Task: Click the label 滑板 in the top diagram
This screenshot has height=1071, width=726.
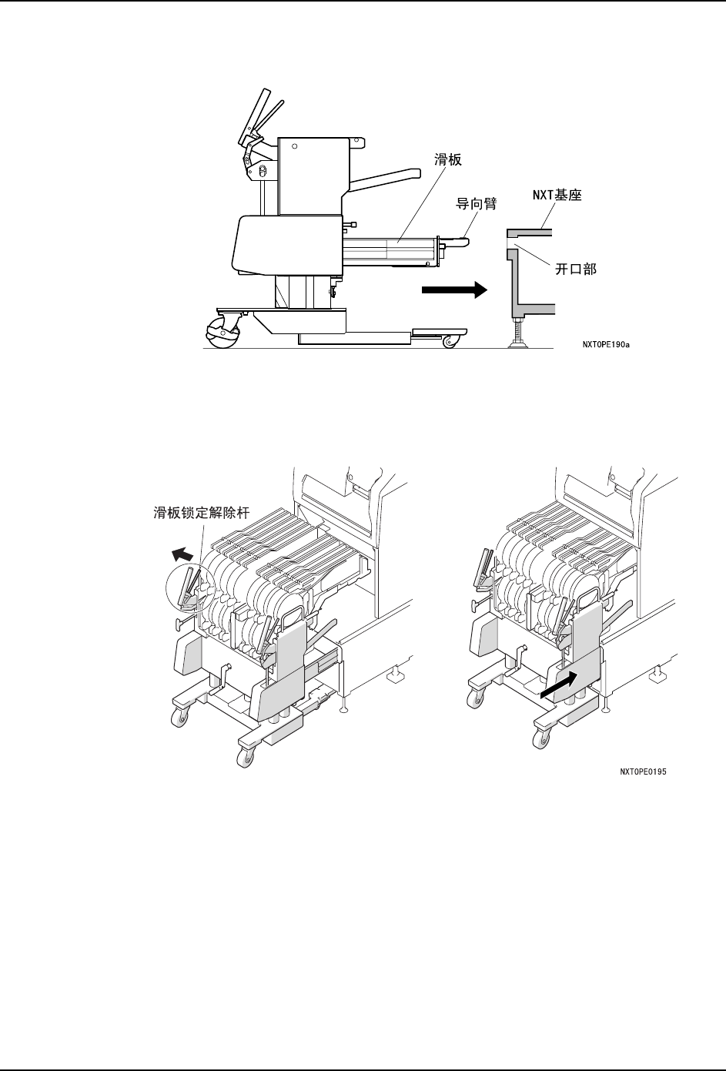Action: click(447, 162)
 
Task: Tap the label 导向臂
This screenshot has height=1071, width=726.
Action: click(476, 203)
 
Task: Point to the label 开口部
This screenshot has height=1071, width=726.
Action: click(576, 269)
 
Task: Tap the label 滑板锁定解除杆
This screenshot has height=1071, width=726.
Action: click(202, 512)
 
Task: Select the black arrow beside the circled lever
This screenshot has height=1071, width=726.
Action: click(182, 554)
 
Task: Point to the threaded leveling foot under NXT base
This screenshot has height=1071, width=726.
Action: click(514, 333)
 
